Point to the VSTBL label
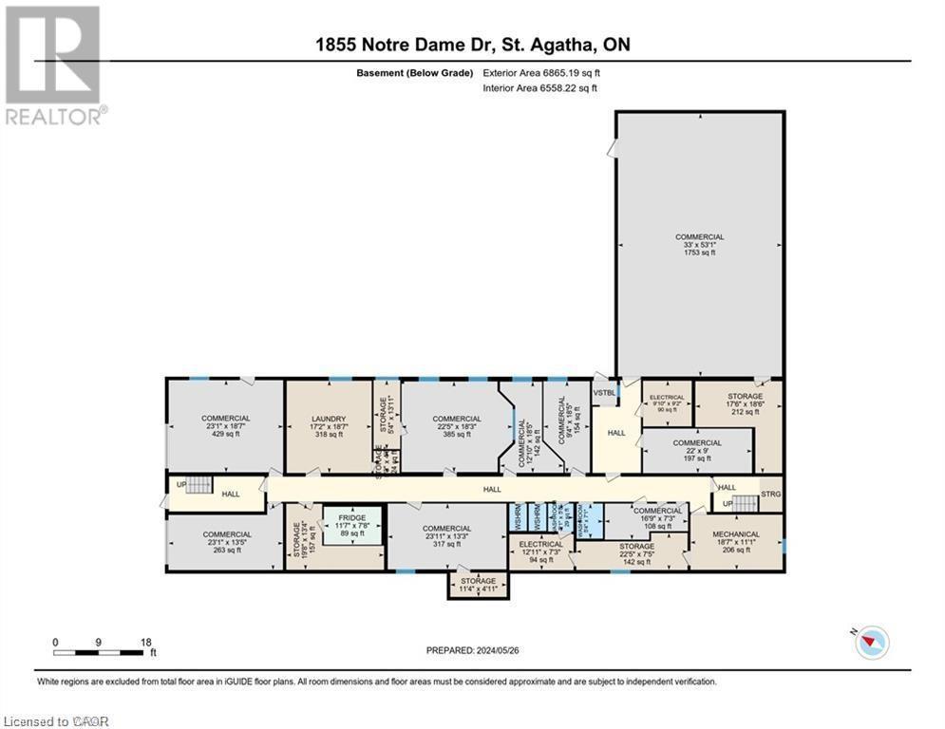click(604, 392)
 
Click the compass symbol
click(870, 642)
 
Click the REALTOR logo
click(54, 65)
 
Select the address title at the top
click(472, 45)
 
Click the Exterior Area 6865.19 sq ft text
click(540, 72)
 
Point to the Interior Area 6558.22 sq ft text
click(539, 88)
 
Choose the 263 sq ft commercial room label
click(225, 542)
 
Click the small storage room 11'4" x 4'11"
click(478, 585)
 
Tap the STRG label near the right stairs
click(771, 495)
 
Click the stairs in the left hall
click(198, 485)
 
